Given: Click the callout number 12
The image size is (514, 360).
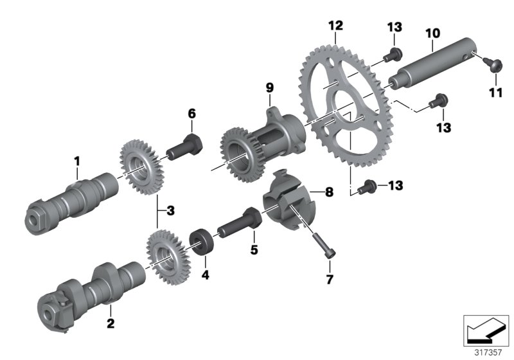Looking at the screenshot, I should pos(335,26).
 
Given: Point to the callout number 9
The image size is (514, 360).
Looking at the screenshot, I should pos(270,87).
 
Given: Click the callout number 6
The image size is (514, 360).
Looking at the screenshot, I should pos(191,114).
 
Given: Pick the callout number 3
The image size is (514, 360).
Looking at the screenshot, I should pos(170,210).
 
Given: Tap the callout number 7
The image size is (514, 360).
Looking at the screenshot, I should pos(329,280).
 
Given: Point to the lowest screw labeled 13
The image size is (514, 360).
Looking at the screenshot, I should pos(366,186).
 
